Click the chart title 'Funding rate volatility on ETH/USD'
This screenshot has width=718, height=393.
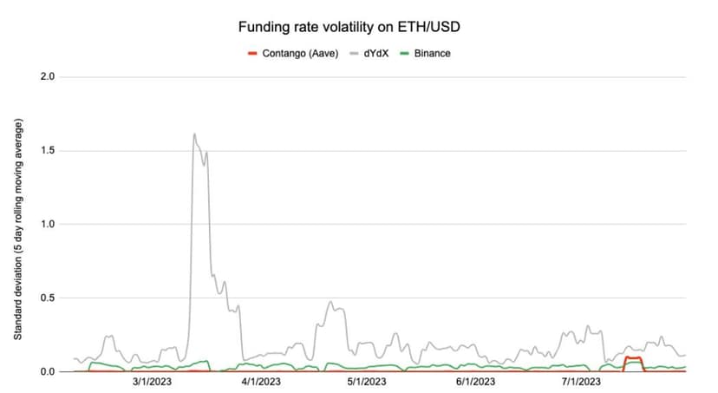click(x=349, y=27)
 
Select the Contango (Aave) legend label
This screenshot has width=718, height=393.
click(x=300, y=54)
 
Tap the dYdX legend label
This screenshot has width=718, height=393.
click(x=376, y=54)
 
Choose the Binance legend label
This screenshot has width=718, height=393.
click(x=432, y=54)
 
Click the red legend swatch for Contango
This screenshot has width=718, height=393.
click(x=252, y=54)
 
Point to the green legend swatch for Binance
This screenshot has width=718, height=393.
click(x=404, y=54)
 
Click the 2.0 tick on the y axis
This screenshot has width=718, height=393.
click(x=48, y=76)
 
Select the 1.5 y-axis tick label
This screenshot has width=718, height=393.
click(x=48, y=150)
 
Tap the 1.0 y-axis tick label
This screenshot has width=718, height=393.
click(x=48, y=224)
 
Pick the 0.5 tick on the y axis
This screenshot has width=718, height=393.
click(x=48, y=298)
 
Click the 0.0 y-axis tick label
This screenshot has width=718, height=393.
click(x=48, y=371)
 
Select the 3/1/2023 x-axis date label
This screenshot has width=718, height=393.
click(x=152, y=382)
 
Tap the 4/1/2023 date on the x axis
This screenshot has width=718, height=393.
click(x=261, y=382)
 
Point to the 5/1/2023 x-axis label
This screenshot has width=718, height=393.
click(x=367, y=382)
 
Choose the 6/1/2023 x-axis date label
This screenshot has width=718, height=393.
click(x=476, y=382)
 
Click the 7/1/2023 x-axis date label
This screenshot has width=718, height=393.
click(x=581, y=382)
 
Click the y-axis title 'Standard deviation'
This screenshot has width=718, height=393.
click(x=18, y=298)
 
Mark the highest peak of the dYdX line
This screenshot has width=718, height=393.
click(x=194, y=134)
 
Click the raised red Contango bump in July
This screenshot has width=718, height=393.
click(x=633, y=357)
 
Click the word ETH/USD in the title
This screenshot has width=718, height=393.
click(x=428, y=27)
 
